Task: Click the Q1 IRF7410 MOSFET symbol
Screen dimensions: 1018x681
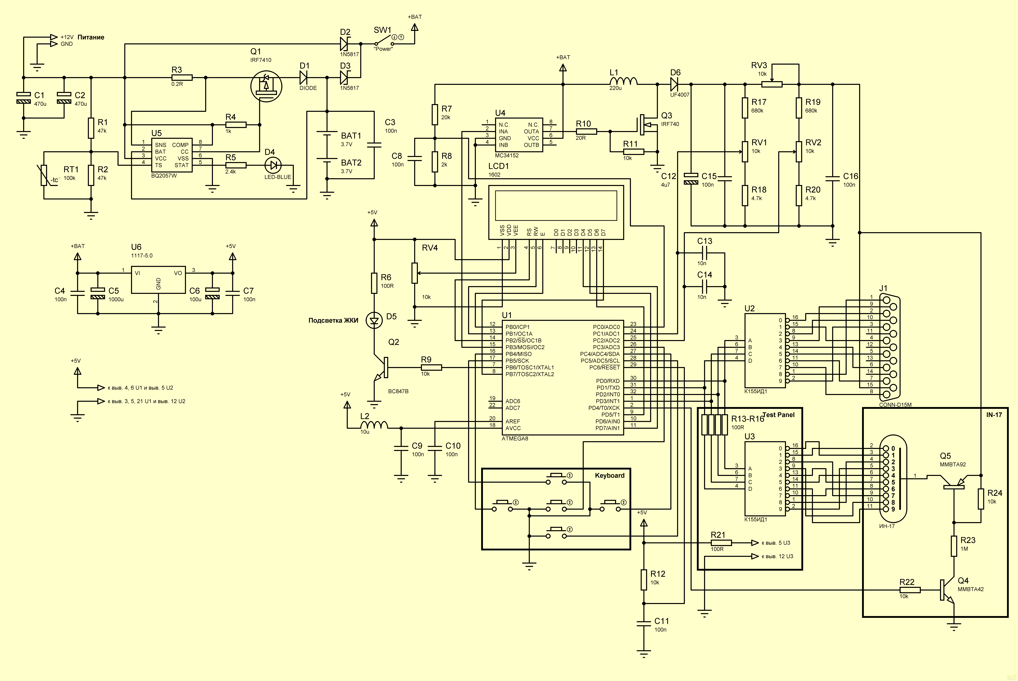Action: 266,86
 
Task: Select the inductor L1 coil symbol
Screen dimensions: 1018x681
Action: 624,81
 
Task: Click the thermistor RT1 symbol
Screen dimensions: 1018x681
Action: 44,175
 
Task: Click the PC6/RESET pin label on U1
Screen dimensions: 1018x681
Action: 605,367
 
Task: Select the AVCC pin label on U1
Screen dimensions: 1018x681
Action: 513,428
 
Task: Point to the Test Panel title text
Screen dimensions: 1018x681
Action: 779,415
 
